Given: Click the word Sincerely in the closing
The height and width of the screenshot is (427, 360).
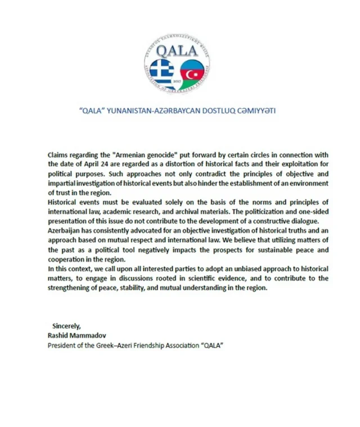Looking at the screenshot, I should click(x=67, y=326).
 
